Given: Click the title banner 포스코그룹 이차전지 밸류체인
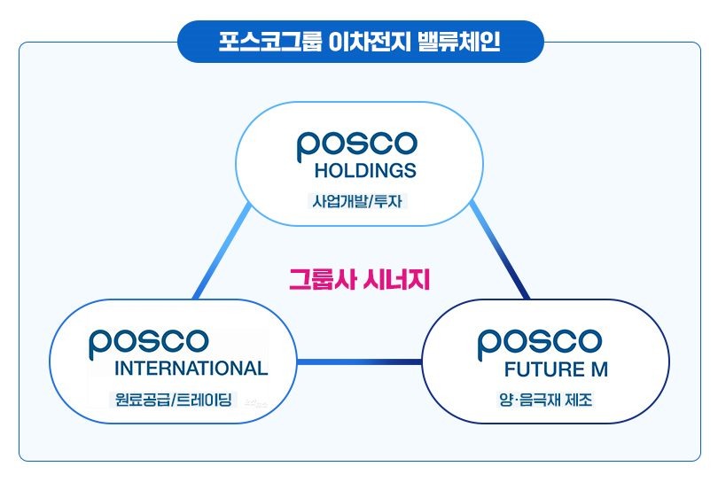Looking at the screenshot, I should pos(360,42).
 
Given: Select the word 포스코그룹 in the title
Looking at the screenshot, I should pos(261,42).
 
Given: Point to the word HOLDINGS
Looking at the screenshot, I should pos(365,170).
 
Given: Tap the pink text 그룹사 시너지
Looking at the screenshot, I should pos(359,280).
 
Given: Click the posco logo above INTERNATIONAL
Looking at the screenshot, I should pos(149,342).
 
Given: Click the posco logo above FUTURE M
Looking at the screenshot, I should pos(539,342).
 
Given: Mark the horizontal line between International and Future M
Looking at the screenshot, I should pos(359,361).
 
